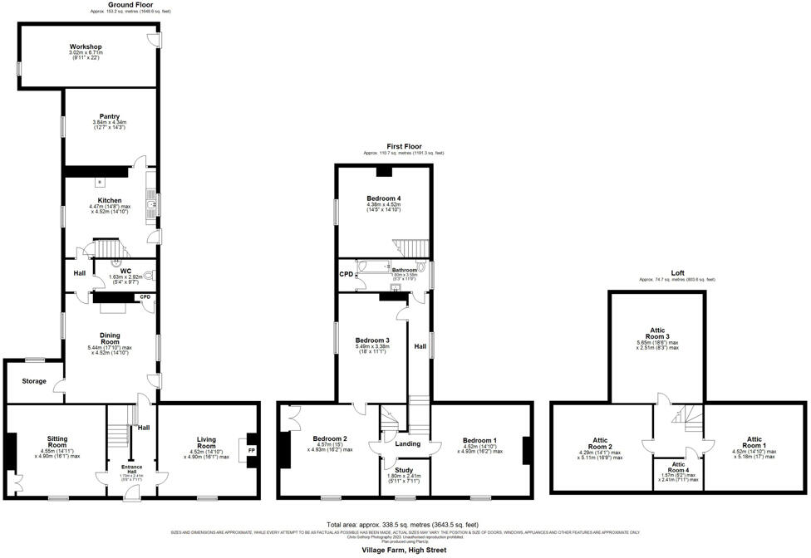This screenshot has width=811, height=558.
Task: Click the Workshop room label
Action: [x=85, y=46]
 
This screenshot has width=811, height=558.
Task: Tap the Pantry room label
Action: [x=109, y=116]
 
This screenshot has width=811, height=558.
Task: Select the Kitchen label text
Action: [x=110, y=200]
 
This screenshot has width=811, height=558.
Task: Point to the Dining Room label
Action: [x=110, y=339]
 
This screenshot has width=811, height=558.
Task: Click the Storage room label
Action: [x=34, y=381]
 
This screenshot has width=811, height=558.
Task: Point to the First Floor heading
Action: [x=403, y=146]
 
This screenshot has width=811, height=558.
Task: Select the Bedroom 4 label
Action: [x=383, y=198]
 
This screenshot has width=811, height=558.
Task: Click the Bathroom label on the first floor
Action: [x=405, y=270]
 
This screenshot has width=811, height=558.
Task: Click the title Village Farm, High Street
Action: [x=404, y=550]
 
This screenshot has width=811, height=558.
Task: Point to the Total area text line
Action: [x=404, y=525]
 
